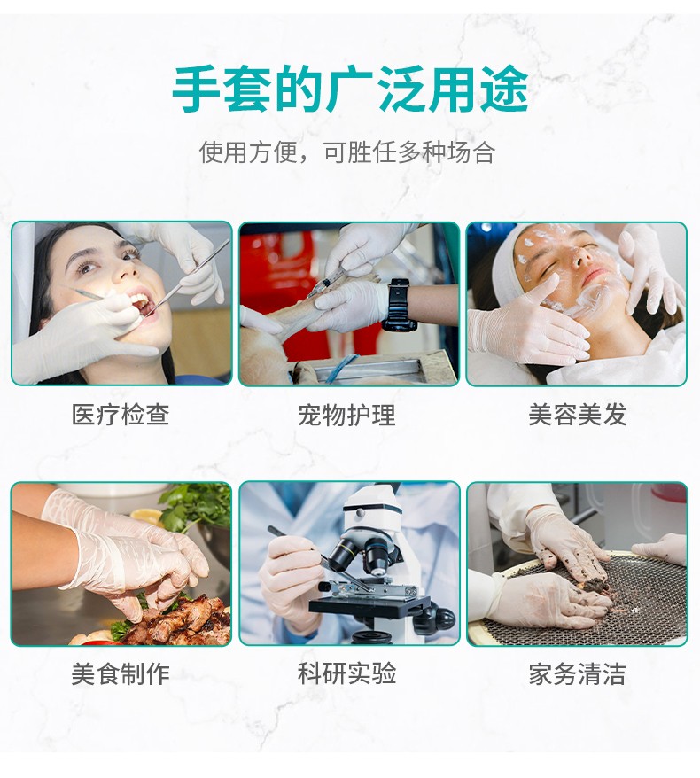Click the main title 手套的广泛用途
[350, 89]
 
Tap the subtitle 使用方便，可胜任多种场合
[347, 152]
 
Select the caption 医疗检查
[121, 415]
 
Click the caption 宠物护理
[347, 415]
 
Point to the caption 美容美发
[577, 415]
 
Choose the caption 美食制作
[121, 674]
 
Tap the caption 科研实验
[347, 674]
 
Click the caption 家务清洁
[577, 674]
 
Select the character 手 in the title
[196, 89]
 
